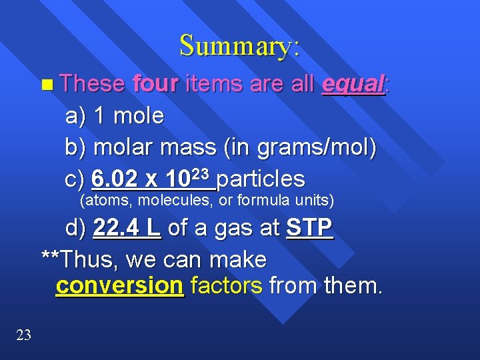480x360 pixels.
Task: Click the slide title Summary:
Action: [x=239, y=45]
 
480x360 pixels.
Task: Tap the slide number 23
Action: [x=23, y=335]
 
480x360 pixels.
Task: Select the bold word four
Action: [x=156, y=84]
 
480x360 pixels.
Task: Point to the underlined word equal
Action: [x=353, y=85]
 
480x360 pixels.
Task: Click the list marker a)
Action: [x=76, y=116]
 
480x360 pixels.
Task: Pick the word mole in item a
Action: [x=138, y=116]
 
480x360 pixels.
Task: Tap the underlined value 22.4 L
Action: [x=127, y=228]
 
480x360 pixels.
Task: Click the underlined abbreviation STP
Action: [x=309, y=228]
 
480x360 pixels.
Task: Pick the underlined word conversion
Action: [x=119, y=285]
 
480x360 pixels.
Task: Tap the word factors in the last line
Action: [x=226, y=285]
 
